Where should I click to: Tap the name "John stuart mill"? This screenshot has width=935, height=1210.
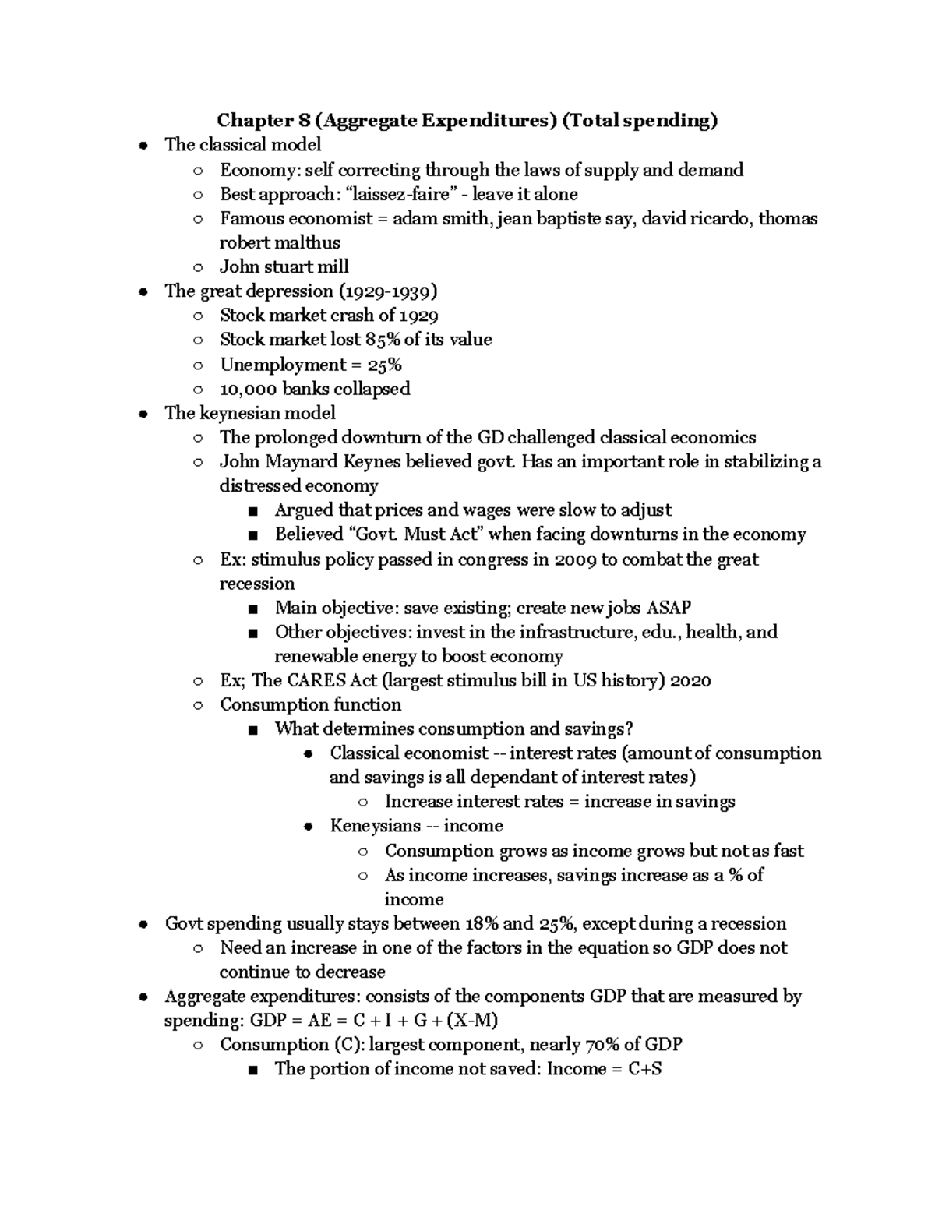[x=284, y=266]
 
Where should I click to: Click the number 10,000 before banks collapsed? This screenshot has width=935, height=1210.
[x=248, y=389]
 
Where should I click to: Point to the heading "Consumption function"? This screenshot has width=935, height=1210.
[x=310, y=704]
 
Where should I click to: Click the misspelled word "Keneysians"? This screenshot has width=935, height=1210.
[x=375, y=826]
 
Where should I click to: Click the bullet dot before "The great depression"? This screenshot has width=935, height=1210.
[x=142, y=291]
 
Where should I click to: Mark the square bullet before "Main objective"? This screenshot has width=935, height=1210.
[x=251, y=609]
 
